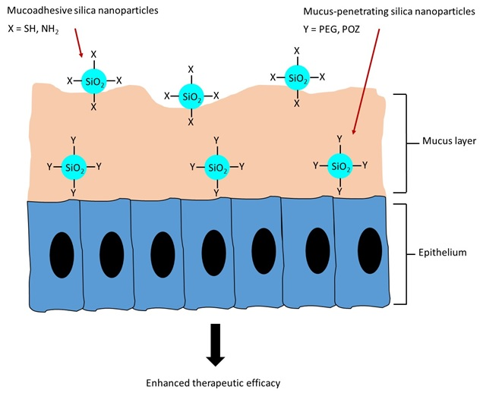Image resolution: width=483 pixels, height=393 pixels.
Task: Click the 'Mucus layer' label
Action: coord(448,143)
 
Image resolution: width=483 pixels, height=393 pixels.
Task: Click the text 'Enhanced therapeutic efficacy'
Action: coord(215,382)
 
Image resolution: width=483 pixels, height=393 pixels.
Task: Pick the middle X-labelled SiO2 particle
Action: coord(191,96)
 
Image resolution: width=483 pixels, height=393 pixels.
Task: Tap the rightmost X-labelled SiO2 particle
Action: coord(296,77)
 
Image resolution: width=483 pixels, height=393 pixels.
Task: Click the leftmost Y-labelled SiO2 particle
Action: coord(74,166)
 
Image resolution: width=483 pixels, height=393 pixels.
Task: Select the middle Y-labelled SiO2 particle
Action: coord(217,166)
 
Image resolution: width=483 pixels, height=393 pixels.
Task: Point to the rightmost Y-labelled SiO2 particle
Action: coord(339,165)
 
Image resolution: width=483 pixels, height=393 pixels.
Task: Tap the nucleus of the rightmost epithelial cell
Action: coord(370,249)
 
